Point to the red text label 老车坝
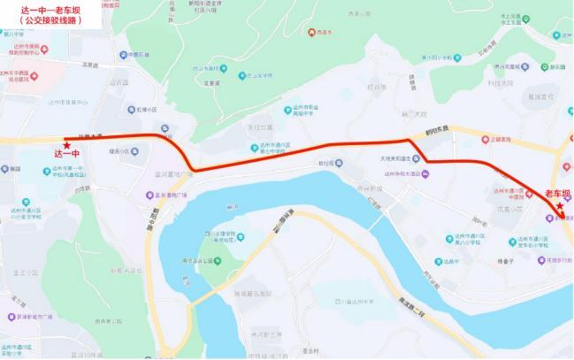[557, 193]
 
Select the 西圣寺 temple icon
[310, 34]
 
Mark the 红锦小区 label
[145, 111]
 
